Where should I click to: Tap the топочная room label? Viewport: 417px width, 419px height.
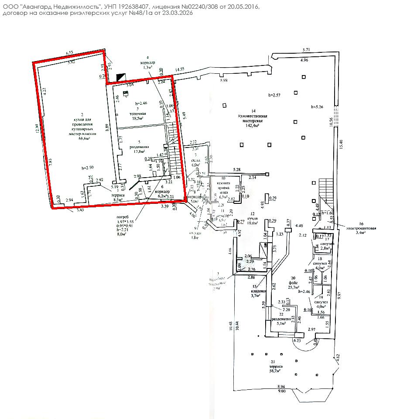click(x=137, y=113)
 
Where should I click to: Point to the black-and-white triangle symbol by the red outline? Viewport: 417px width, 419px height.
click(x=120, y=77)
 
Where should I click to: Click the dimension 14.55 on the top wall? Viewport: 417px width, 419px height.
click(x=180, y=69)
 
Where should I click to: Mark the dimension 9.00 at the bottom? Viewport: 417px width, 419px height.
click(x=281, y=391)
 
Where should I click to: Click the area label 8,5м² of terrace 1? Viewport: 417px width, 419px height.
click(x=118, y=199)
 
